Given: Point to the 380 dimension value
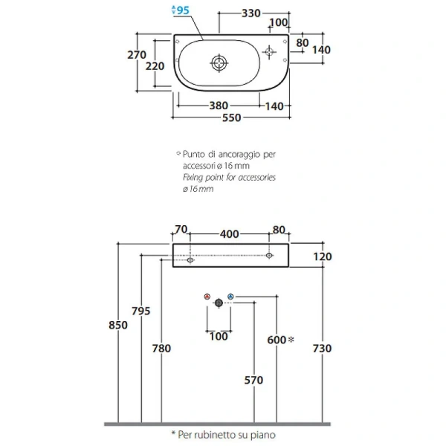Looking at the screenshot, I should point(218,106).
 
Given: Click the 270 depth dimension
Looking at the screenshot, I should point(136,54).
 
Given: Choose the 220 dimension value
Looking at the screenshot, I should point(155,65).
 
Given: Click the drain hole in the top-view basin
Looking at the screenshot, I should point(219,62).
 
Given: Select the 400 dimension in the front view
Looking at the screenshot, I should point(230,234).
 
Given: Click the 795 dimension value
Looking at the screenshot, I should point(140,311).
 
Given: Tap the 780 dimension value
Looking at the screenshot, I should point(161,348).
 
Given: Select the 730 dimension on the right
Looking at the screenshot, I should point(322,348).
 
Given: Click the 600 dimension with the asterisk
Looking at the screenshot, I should point(277,339).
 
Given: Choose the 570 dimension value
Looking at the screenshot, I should point(253,381).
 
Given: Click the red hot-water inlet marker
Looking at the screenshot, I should point(207,297).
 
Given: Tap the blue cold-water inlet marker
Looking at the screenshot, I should point(230,297).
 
